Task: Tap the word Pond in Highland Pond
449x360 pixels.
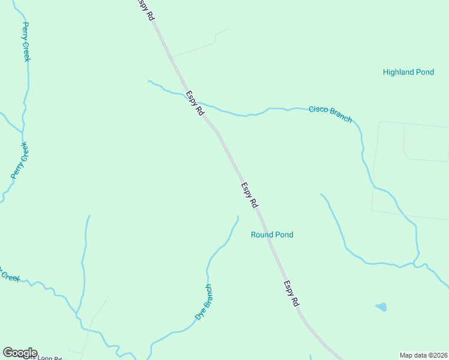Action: click(425, 72)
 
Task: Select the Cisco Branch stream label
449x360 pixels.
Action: click(330, 113)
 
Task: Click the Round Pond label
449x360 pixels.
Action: click(272, 235)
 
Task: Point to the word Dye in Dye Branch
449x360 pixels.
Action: click(199, 314)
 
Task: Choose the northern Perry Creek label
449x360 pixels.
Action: click(26, 42)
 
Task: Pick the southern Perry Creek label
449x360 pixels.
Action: click(20, 160)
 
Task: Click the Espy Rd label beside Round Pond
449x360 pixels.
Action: click(249, 195)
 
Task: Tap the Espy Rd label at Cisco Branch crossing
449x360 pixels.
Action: click(195, 103)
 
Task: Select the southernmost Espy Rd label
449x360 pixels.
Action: click(291, 294)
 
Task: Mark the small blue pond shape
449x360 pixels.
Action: click(381, 307)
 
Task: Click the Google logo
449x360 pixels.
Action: click(20, 353)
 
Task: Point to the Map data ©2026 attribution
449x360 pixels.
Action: click(423, 355)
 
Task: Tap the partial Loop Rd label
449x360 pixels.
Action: click(48, 358)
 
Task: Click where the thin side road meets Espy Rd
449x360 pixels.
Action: click(172, 57)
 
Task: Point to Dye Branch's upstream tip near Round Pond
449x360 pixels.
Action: click(238, 217)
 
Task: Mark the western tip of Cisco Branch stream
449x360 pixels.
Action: click(148, 81)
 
